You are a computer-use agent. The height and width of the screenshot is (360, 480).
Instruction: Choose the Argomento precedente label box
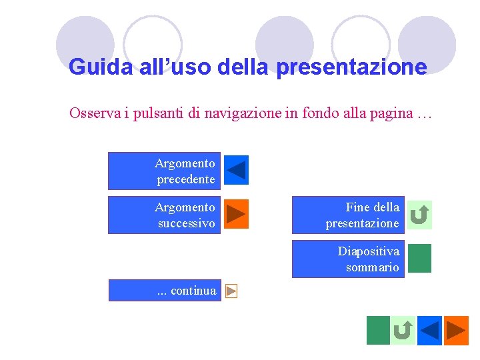click(x=164, y=171)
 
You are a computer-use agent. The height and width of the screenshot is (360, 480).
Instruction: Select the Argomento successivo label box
click(x=164, y=215)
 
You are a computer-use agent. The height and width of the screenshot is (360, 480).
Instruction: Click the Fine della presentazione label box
click(x=348, y=215)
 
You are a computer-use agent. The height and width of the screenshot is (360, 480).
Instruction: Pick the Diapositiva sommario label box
click(x=348, y=259)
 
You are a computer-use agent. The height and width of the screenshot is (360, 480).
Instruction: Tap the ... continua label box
click(x=165, y=291)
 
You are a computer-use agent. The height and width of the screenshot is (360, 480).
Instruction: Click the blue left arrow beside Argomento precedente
click(x=236, y=170)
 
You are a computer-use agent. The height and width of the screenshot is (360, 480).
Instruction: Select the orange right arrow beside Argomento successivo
click(x=236, y=214)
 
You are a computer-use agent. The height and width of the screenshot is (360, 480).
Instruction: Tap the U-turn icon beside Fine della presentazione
click(x=420, y=215)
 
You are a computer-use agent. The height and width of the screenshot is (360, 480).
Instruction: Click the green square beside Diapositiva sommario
click(x=419, y=259)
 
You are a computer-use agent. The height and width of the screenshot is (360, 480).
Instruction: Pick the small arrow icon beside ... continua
click(x=231, y=291)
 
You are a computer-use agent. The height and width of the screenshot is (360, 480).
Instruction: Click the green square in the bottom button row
click(x=378, y=330)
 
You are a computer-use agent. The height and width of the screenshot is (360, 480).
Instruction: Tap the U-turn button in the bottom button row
click(x=403, y=330)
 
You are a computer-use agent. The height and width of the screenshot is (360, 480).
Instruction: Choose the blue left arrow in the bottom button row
click(x=429, y=330)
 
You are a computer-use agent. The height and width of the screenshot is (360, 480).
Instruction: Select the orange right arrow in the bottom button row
click(x=457, y=330)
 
